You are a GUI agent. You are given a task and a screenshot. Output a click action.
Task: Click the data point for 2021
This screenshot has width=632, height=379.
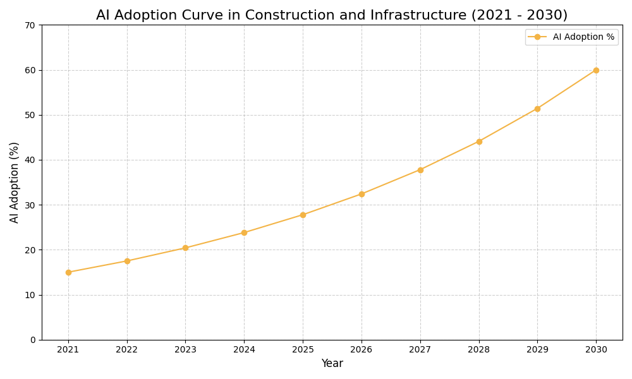click(68, 272)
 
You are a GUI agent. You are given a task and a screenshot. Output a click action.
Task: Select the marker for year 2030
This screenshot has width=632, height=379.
click(596, 70)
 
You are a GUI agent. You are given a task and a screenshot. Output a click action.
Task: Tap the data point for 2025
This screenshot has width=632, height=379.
click(303, 215)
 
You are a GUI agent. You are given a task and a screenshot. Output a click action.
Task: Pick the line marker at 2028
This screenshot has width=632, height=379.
click(479, 141)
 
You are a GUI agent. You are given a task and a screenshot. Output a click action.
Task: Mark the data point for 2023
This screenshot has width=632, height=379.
click(185, 248)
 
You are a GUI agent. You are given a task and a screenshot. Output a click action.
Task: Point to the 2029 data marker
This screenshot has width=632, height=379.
click(537, 109)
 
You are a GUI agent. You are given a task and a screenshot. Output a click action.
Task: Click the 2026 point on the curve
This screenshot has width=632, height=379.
click(362, 194)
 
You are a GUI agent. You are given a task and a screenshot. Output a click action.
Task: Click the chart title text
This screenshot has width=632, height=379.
click(332, 15)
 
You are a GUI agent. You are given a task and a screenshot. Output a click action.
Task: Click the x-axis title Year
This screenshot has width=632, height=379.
click(332, 364)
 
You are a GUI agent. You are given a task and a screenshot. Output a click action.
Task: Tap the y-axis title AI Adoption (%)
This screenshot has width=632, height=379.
click(15, 182)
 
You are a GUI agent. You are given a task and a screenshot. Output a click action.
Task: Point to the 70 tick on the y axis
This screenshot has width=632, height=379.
click(30, 25)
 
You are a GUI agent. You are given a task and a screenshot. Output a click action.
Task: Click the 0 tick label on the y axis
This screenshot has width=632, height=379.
click(33, 340)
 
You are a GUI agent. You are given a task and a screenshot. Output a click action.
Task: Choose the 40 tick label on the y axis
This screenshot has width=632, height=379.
click(30, 160)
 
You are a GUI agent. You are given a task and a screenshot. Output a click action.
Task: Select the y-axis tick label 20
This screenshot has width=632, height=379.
click(30, 250)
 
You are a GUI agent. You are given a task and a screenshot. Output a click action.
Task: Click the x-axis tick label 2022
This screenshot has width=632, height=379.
click(127, 349)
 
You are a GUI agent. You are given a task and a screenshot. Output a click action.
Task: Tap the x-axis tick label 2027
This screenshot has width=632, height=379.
click(420, 349)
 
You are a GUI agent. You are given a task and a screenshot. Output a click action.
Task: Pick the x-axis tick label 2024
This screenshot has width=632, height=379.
click(244, 349)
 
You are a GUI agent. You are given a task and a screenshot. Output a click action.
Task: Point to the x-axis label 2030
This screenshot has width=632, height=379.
click(596, 349)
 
